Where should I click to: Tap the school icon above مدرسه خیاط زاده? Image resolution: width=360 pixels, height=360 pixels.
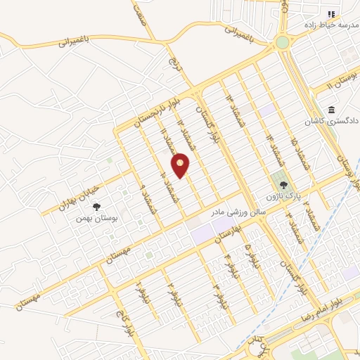click(331, 15)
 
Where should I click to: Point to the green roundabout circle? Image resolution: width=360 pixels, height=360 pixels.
click(283, 42)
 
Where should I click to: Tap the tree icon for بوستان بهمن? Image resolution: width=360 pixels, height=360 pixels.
click(96, 206)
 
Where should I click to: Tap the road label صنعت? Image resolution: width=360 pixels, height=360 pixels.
click(141, 11)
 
